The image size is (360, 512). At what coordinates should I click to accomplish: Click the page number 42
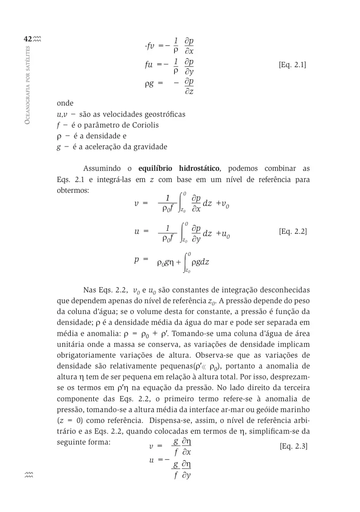pyautogui.click(x=28, y=39)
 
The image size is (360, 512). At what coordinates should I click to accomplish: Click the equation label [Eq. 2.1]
pyautogui.click(x=292, y=65)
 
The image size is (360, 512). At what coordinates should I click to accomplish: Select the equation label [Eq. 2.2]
pyautogui.click(x=293, y=232)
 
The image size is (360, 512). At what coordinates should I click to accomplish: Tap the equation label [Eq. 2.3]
pyautogui.click(x=293, y=446)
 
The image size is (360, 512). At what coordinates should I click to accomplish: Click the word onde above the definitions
pyautogui.click(x=65, y=103)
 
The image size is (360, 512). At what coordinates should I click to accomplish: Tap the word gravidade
pyautogui.click(x=150, y=147)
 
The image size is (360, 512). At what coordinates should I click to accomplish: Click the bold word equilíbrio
pyautogui.click(x=154, y=169)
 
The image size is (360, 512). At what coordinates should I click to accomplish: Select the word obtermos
pyautogui.click(x=73, y=190)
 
